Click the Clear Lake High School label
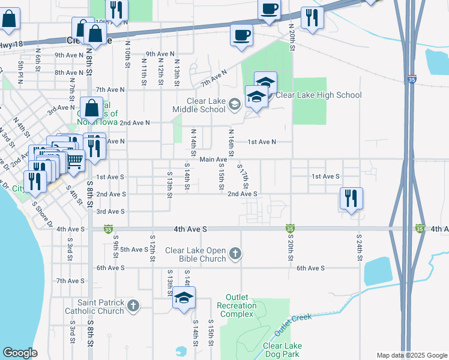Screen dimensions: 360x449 coord(319,95)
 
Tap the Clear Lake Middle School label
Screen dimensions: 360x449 coord(199,105)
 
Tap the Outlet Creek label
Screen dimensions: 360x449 coord(294,324)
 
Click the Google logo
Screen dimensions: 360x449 coord(20,353)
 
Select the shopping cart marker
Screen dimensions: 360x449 coord(74,160)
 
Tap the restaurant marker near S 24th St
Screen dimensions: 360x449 coord(351,198)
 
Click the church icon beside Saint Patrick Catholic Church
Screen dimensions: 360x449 coord(133,306)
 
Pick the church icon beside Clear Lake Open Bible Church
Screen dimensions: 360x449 coord(235,254)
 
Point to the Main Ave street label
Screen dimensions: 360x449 coord(213,159)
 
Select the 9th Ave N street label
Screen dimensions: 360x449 coord(71,55)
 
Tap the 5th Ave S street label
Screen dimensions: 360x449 coord(134,249)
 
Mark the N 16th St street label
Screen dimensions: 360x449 coord(231,140)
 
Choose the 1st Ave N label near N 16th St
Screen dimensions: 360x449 coord(262,142)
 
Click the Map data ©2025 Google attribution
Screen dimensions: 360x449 coord(411,355)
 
